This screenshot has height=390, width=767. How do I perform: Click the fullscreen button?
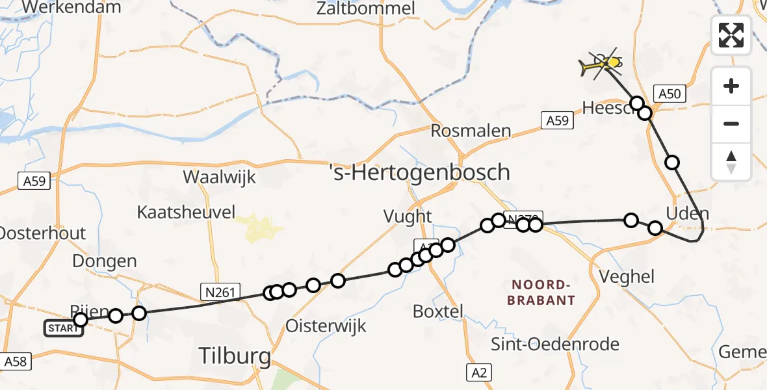(x=731, y=35)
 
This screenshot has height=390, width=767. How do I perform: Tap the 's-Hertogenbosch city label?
(x=419, y=173)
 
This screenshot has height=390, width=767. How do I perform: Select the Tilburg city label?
(x=235, y=356)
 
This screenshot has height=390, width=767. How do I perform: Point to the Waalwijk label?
(x=220, y=177)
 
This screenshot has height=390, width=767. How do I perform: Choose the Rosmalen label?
(x=471, y=131)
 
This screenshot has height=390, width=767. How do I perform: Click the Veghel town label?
(x=628, y=277)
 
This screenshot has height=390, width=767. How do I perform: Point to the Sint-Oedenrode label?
(x=555, y=344)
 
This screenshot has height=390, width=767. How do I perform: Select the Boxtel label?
(x=438, y=311)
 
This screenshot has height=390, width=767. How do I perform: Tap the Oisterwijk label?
(x=326, y=325)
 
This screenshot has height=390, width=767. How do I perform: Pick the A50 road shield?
(x=669, y=94)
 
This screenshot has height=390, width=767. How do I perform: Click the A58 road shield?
(x=15, y=361)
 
